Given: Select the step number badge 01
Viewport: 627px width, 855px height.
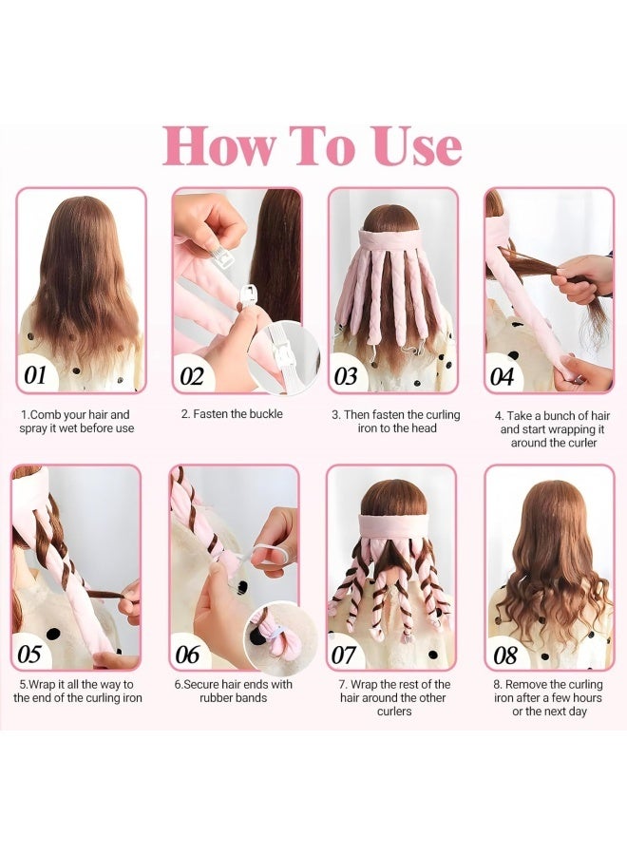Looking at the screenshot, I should tap(36, 375).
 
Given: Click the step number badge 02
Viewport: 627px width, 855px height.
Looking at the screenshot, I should tap(192, 376).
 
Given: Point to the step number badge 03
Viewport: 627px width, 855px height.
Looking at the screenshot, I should tap(347, 376).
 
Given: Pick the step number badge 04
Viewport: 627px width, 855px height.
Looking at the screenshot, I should tap(503, 376).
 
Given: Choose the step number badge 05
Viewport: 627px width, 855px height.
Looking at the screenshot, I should tap(30, 655).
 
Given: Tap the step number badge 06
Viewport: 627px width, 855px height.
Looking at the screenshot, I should tap(188, 655).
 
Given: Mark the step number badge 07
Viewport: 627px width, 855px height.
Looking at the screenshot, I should tap(344, 655).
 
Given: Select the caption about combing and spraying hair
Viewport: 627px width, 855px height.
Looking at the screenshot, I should tap(78, 422).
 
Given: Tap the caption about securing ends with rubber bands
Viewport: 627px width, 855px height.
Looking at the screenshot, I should tap(233, 692).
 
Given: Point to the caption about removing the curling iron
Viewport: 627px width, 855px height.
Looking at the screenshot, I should tap(546, 698).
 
